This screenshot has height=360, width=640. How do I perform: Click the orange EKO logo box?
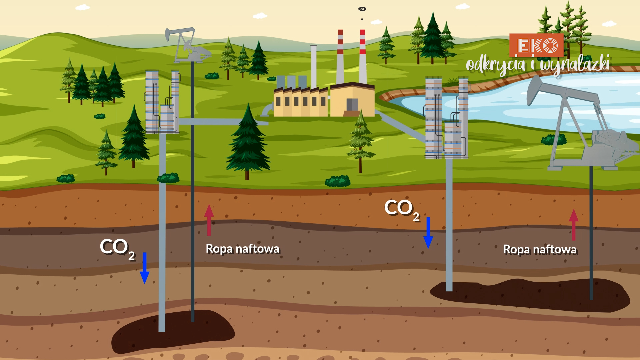(536, 45)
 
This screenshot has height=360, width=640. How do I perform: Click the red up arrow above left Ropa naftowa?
(209, 220)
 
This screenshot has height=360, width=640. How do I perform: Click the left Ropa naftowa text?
(242, 249)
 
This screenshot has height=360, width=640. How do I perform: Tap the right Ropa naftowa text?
(540, 249)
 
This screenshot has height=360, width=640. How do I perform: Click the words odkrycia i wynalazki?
(538, 65)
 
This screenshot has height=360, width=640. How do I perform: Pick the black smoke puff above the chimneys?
(362, 9)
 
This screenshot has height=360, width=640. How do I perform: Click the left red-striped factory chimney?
(340, 57)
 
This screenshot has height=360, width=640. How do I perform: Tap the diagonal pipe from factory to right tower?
(402, 127)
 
